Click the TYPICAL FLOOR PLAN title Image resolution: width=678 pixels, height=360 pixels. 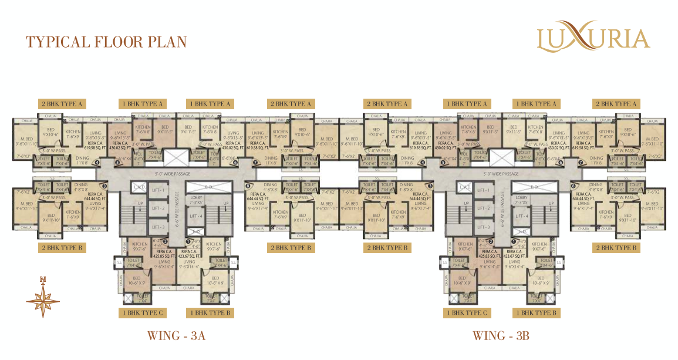click(x=106, y=42)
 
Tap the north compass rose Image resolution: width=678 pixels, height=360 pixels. click(x=43, y=297)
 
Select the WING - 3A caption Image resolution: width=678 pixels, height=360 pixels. click(x=176, y=336)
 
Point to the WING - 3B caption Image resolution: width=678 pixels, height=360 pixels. click(x=501, y=336)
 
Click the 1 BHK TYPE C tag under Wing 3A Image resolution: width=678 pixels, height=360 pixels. click(x=143, y=313)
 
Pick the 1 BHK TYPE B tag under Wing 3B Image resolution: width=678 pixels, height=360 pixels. click(x=535, y=313)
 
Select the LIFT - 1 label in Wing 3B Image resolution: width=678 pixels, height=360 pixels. click(x=483, y=191)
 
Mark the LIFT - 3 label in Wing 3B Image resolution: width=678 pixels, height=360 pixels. click(x=483, y=227)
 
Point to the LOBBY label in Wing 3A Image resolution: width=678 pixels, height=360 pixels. click(x=195, y=198)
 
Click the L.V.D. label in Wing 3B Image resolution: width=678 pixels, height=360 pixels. click(x=466, y=187)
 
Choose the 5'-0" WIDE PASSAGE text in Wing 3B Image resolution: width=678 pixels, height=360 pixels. click(x=501, y=174)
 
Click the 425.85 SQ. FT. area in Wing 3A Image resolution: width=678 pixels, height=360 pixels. click(x=162, y=256)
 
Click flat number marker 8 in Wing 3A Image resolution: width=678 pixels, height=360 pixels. click(x=248, y=186)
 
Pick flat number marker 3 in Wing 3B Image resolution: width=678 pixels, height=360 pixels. click(x=431, y=186)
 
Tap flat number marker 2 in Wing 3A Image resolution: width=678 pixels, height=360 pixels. click(x=166, y=241)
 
